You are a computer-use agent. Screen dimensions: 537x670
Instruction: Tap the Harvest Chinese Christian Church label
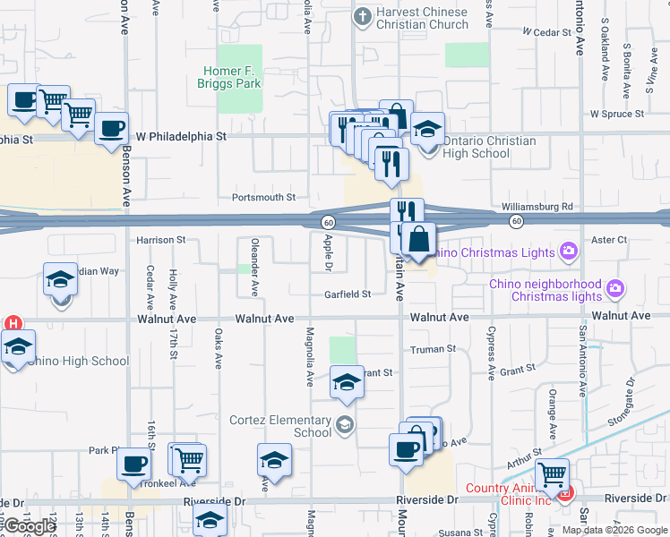423,19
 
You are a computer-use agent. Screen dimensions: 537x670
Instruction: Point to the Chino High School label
78,362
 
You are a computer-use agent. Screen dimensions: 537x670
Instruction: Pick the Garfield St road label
348,294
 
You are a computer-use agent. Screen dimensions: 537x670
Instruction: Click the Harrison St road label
160,240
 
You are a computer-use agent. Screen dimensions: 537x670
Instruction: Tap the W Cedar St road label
546,32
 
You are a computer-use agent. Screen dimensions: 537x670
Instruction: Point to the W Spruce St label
617,115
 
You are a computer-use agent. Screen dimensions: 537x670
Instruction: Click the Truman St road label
433,349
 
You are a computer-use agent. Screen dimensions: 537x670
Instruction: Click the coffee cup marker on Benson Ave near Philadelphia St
111,128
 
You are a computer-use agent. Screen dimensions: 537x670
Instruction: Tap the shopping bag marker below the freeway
419,239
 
